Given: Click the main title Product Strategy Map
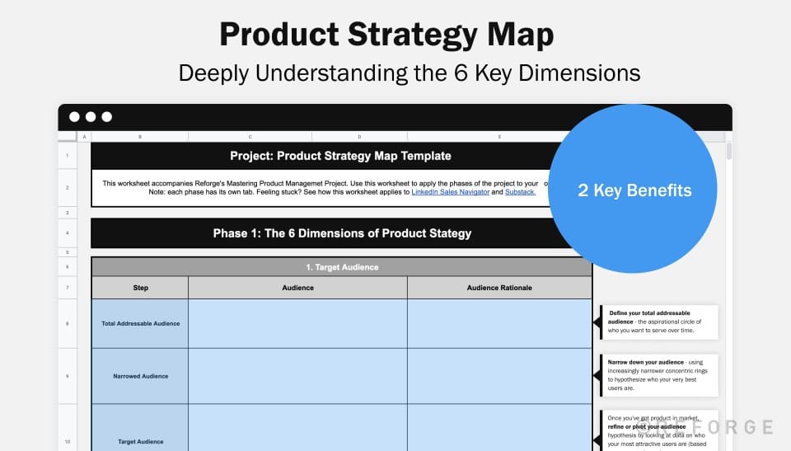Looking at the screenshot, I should click(x=386, y=35).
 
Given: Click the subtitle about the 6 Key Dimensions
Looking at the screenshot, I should click(x=410, y=73).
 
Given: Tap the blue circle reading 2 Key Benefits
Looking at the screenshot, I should click(x=634, y=190).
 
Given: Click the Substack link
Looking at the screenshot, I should click(x=520, y=192).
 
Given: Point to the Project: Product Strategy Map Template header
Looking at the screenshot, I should click(x=340, y=156).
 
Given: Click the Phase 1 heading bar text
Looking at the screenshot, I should click(x=342, y=233).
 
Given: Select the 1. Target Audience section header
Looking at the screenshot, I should click(x=341, y=267).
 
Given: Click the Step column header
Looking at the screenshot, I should click(x=140, y=288).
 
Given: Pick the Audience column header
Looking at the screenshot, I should click(x=297, y=288).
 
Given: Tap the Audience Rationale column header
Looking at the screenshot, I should click(x=499, y=288).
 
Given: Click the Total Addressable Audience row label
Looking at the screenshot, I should click(x=140, y=323).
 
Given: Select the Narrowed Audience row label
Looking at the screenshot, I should click(x=140, y=376).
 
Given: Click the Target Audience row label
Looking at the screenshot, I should click(x=140, y=441).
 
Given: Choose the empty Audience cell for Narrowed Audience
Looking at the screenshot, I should click(x=297, y=376).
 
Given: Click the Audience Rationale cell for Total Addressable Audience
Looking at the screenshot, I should click(x=499, y=323).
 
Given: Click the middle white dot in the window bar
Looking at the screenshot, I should click(x=91, y=117).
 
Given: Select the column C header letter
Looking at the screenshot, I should click(x=250, y=137).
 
